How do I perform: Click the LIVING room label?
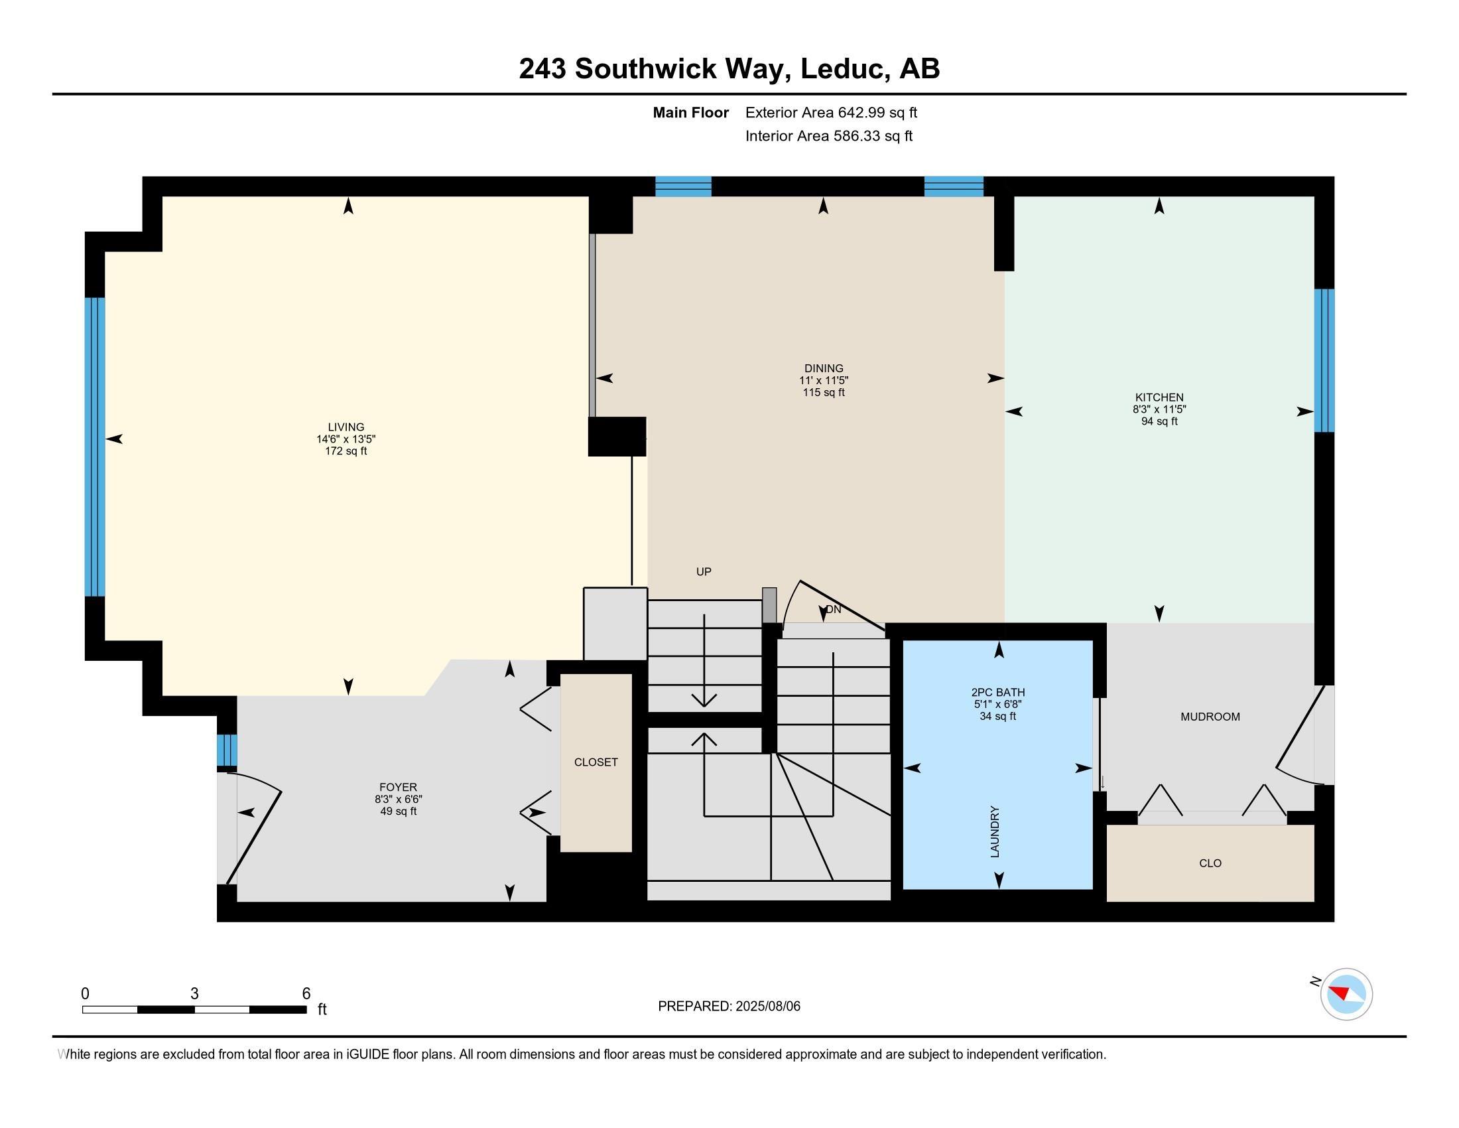click(346, 427)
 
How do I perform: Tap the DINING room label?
click(824, 368)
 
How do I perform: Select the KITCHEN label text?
click(1159, 397)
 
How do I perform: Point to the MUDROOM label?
click(1210, 717)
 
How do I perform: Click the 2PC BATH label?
click(998, 692)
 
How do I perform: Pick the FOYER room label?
click(398, 787)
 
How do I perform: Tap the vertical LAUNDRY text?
click(995, 832)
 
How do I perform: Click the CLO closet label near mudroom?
click(1210, 863)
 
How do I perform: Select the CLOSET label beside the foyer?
click(596, 762)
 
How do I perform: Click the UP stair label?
click(704, 572)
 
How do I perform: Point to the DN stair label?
click(833, 609)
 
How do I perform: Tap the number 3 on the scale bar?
click(194, 994)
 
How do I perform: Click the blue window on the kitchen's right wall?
click(1324, 360)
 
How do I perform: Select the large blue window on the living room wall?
click(95, 447)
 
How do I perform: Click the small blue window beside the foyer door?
click(227, 750)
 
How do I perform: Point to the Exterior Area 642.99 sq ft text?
click(831, 113)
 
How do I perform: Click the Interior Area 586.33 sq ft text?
click(829, 136)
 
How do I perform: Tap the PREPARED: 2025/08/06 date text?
click(729, 1007)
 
